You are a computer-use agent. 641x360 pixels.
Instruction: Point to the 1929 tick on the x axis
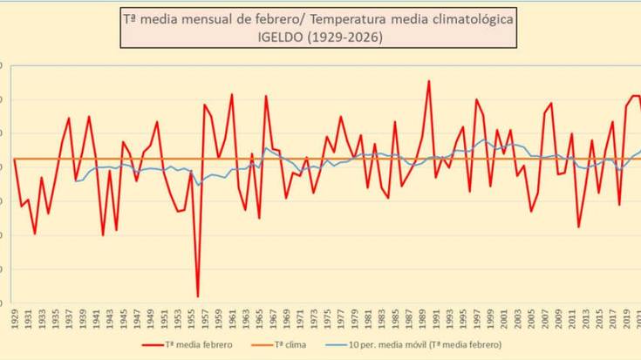coord(14,314)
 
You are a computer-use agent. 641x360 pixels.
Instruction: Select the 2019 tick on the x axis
coord(625,314)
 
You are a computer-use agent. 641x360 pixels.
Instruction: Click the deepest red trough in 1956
coord(198,296)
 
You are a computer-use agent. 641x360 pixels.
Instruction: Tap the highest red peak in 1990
coord(428,81)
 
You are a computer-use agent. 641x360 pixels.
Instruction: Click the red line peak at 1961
coord(232,94)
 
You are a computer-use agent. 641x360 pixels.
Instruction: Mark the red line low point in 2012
coord(578,227)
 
